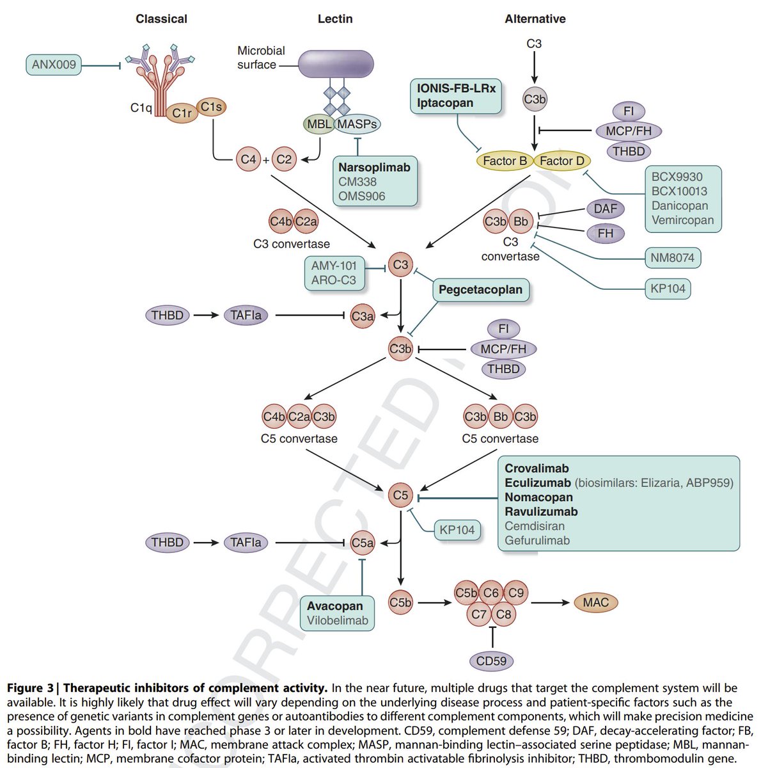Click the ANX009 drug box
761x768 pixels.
tap(54, 65)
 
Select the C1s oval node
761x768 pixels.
tap(211, 107)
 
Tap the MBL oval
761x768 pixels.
tap(318, 124)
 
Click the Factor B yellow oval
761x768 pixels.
tap(505, 161)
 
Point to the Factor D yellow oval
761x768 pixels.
tap(561, 161)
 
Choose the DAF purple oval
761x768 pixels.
tap(605, 209)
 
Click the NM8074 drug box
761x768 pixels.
tap(673, 258)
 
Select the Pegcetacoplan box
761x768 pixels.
tap(480, 290)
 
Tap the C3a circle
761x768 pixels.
tap(363, 316)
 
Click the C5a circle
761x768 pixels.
tap(363, 543)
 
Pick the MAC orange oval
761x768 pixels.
tap(595, 602)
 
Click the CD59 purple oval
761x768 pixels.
tap(491, 660)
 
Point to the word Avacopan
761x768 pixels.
tap(334, 606)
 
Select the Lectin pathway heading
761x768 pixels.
tap(335, 19)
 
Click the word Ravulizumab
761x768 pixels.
tap(541, 511)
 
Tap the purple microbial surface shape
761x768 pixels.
tap(336, 64)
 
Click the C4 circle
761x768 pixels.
tap(248, 159)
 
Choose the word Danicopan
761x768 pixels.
tap(680, 205)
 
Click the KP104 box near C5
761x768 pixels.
tap(457, 530)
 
